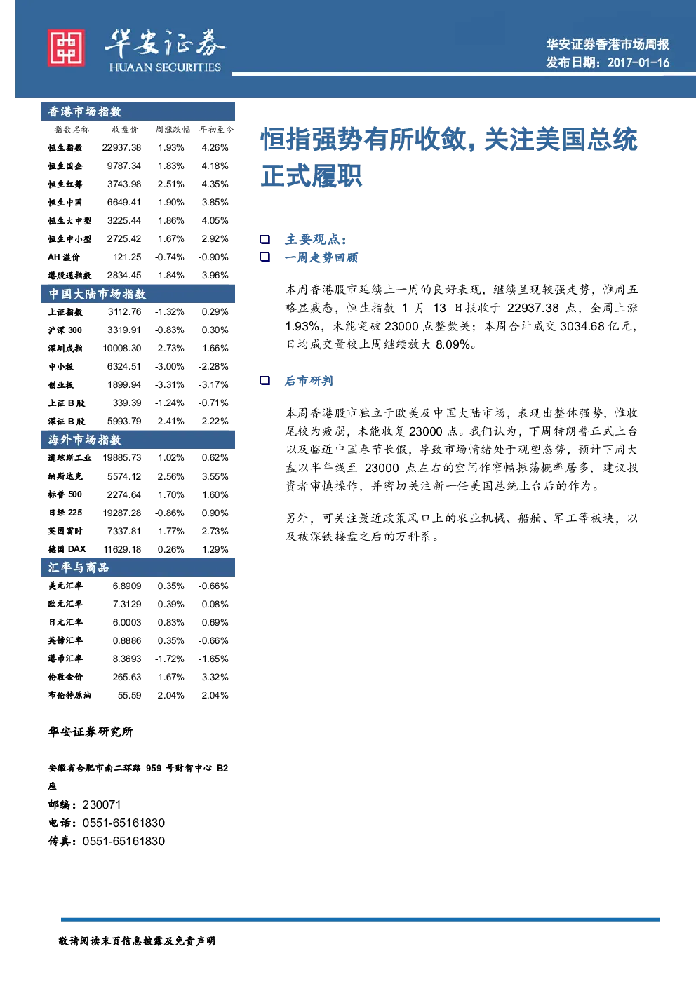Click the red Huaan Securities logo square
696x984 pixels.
(66, 48)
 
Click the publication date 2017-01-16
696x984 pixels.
(638, 62)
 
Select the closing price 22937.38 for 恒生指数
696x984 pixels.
(121, 147)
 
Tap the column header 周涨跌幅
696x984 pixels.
(172, 129)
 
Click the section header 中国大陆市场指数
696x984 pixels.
(97, 293)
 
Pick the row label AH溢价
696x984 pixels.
(64, 257)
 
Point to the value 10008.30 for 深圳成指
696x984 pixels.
(122, 349)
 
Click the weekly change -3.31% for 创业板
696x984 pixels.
(170, 385)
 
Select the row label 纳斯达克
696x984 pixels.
(65, 476)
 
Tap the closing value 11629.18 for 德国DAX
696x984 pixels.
(122, 549)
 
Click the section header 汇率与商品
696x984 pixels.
(79, 567)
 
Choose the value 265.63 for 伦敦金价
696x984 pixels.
(127, 677)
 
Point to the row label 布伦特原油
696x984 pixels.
(69, 695)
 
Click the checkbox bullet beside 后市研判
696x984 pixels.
(265, 380)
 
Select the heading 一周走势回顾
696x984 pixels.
(321, 257)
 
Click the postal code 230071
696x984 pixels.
(102, 804)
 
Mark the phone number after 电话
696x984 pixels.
(123, 823)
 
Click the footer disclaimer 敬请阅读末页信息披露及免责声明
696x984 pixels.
(137, 941)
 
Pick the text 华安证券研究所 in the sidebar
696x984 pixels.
(91, 732)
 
